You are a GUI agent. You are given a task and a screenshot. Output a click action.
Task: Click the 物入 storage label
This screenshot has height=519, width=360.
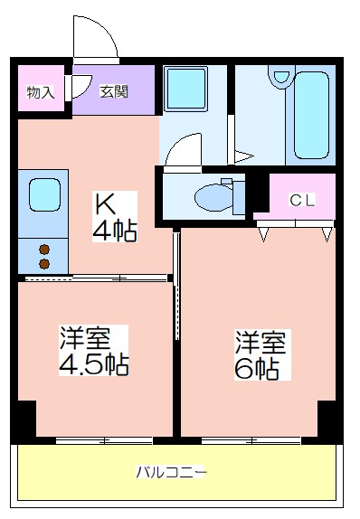point(41,92)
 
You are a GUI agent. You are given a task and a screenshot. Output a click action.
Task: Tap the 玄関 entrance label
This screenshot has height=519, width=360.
point(114,91)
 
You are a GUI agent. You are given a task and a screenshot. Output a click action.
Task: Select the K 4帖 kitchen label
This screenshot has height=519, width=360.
point(114,217)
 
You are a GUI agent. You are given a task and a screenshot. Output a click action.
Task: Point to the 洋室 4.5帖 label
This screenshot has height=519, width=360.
point(94,350)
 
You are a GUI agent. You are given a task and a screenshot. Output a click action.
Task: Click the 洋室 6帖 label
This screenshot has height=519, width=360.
point(261,354)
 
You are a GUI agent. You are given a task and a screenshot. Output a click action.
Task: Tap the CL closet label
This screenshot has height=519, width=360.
point(302,200)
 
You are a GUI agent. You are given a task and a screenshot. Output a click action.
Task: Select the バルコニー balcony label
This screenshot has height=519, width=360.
point(172,472)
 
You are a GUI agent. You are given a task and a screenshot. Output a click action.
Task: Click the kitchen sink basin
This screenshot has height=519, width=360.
point(44,194)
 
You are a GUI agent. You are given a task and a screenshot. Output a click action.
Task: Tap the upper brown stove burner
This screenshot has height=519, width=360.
point(44,249)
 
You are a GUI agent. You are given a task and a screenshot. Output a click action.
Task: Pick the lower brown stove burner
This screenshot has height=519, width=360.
point(44,264)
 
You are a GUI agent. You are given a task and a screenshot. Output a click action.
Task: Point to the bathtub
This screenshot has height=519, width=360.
point(311,115)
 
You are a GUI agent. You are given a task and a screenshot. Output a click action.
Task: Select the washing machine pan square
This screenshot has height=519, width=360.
point(185,89)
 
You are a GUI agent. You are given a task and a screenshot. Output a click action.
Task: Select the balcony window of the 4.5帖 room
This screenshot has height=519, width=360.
point(104,440)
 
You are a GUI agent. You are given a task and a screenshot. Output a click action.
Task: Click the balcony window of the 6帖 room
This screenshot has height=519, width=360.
point(251,440)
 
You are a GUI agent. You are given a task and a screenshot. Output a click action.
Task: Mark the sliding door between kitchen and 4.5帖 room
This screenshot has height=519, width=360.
point(96,278)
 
